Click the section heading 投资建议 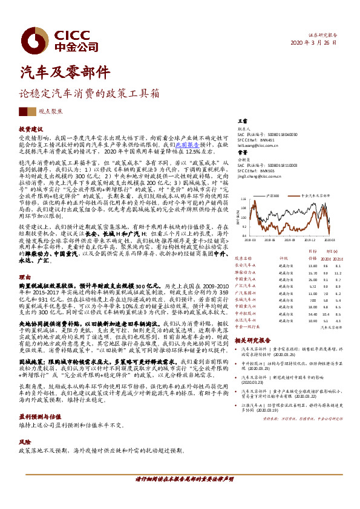click(31, 129)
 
